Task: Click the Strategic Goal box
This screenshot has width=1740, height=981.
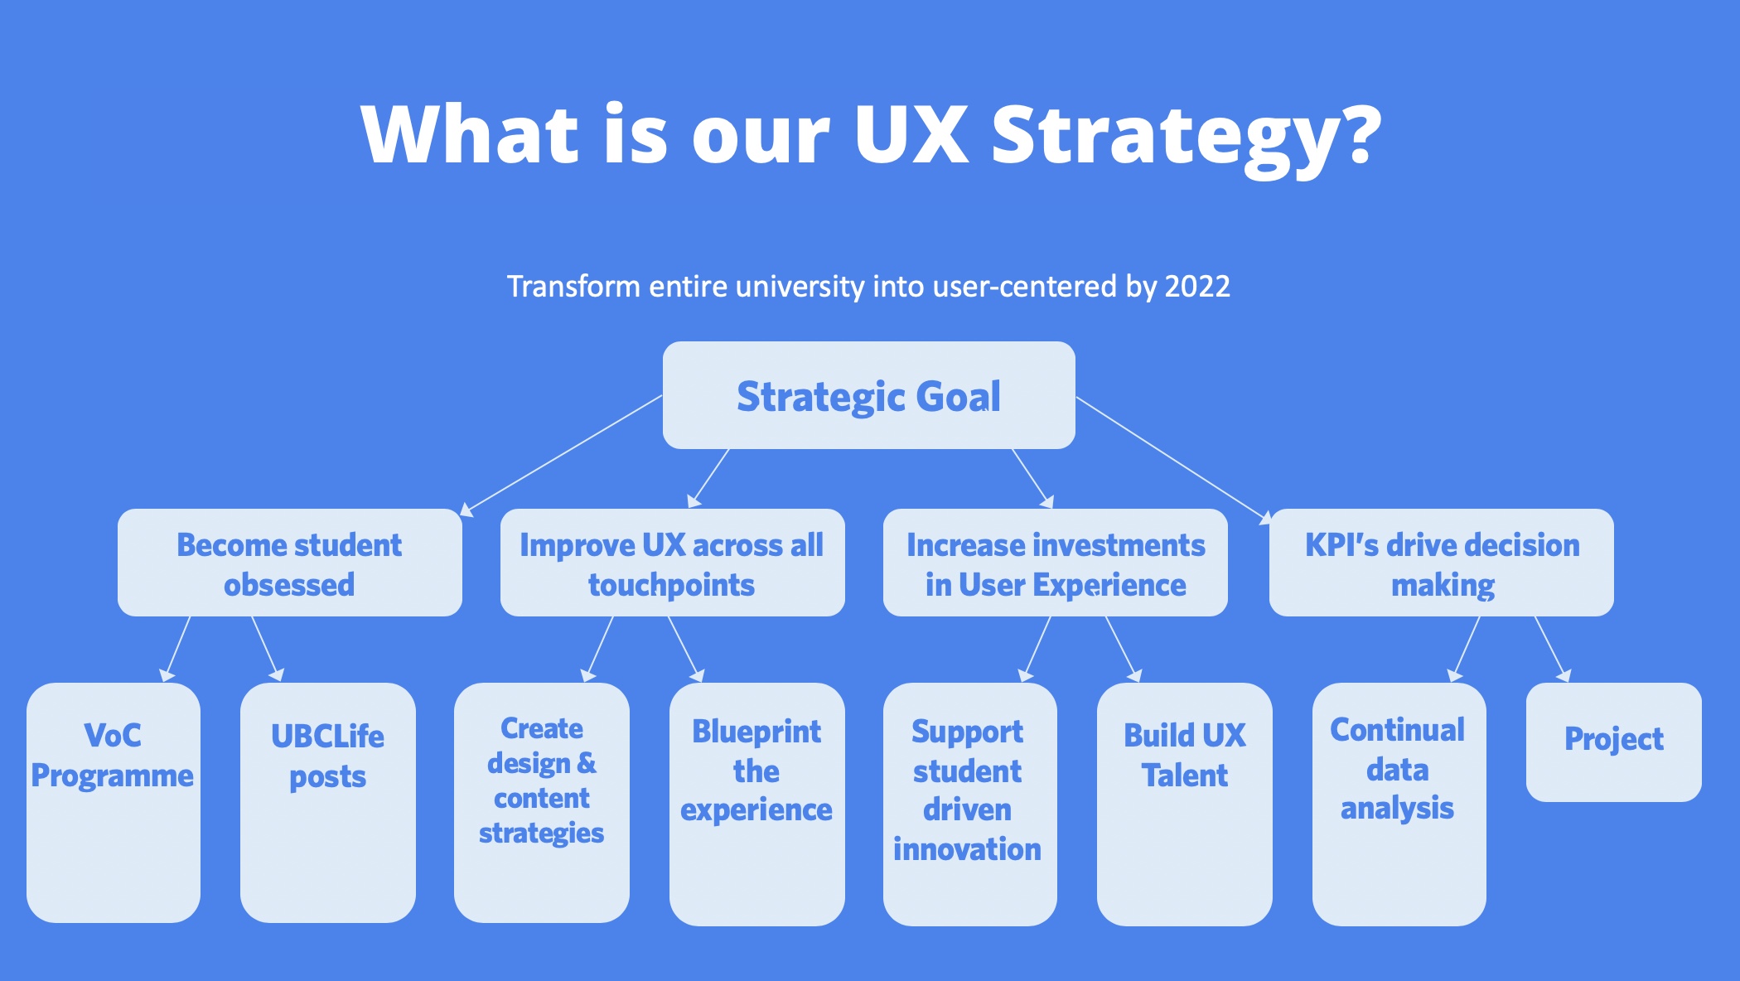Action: (x=869, y=395)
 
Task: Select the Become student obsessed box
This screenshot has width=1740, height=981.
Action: (x=290, y=563)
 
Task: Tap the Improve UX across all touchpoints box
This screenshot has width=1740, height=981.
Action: (x=673, y=563)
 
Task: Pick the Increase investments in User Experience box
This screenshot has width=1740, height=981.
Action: (x=1056, y=563)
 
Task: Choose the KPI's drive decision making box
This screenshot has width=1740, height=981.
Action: (x=1442, y=563)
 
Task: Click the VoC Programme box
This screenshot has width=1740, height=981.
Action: (x=114, y=803)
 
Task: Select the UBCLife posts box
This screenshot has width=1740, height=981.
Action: (x=328, y=803)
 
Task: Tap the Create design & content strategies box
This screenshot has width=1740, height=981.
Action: (x=542, y=803)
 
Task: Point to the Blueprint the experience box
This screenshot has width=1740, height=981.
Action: (x=757, y=805)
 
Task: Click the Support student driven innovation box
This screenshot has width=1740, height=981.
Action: (x=970, y=805)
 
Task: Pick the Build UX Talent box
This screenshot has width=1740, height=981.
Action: (x=1185, y=805)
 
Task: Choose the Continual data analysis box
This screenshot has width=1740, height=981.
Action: (x=1399, y=805)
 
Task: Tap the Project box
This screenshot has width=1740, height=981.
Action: (x=1614, y=742)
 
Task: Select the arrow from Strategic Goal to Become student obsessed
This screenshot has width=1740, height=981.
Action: (x=561, y=456)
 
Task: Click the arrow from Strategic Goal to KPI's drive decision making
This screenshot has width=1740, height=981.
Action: (x=1173, y=460)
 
